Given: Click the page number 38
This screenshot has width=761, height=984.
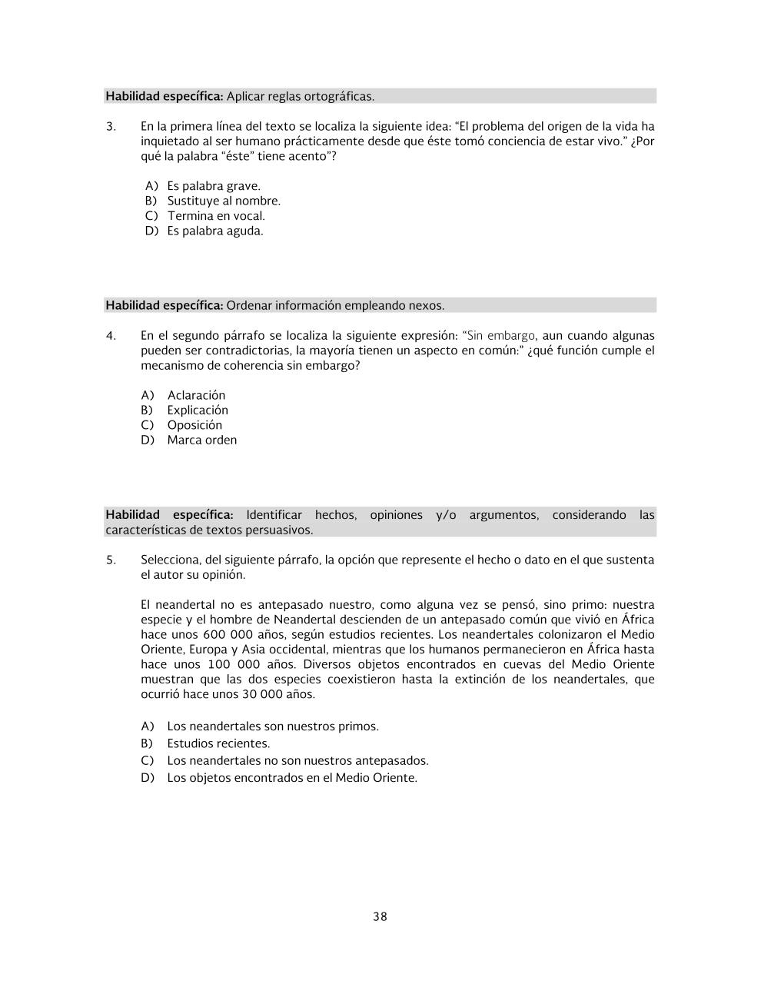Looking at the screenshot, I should pyautogui.click(x=380, y=916).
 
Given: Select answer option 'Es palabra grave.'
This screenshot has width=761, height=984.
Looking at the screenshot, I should pyautogui.click(x=213, y=186).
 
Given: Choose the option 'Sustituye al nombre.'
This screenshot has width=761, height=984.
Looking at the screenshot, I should pyautogui.click(x=224, y=201).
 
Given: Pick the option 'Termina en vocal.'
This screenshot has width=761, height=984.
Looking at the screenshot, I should pyautogui.click(x=215, y=216).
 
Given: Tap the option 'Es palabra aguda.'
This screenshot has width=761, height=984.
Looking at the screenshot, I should pyautogui.click(x=214, y=231).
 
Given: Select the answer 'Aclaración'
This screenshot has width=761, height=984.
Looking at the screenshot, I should pyautogui.click(x=196, y=395).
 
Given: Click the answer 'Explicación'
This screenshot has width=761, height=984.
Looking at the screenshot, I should pyautogui.click(x=198, y=410).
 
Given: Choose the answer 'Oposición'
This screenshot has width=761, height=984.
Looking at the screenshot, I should pyautogui.click(x=194, y=425).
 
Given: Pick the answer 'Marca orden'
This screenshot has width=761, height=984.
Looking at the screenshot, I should pyautogui.click(x=201, y=440).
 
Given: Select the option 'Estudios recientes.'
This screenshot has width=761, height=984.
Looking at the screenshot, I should pyautogui.click(x=218, y=743).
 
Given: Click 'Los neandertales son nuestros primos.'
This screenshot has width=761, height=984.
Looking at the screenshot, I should pyautogui.click(x=272, y=726).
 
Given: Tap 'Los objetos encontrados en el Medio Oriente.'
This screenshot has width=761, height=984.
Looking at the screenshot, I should pyautogui.click(x=291, y=777).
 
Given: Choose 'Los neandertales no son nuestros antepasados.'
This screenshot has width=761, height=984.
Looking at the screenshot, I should pyautogui.click(x=297, y=760).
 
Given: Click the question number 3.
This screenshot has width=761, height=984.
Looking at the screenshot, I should pyautogui.click(x=111, y=127).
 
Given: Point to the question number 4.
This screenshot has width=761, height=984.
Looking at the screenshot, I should pyautogui.click(x=111, y=336).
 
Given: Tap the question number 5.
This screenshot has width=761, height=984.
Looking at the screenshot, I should pyautogui.click(x=111, y=560).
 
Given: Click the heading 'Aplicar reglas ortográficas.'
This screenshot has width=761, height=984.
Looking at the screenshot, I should pyautogui.click(x=300, y=96).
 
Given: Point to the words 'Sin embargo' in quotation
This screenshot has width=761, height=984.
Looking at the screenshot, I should pyautogui.click(x=500, y=336).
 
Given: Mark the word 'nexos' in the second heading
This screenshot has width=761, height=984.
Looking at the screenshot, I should pyautogui.click(x=427, y=305).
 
